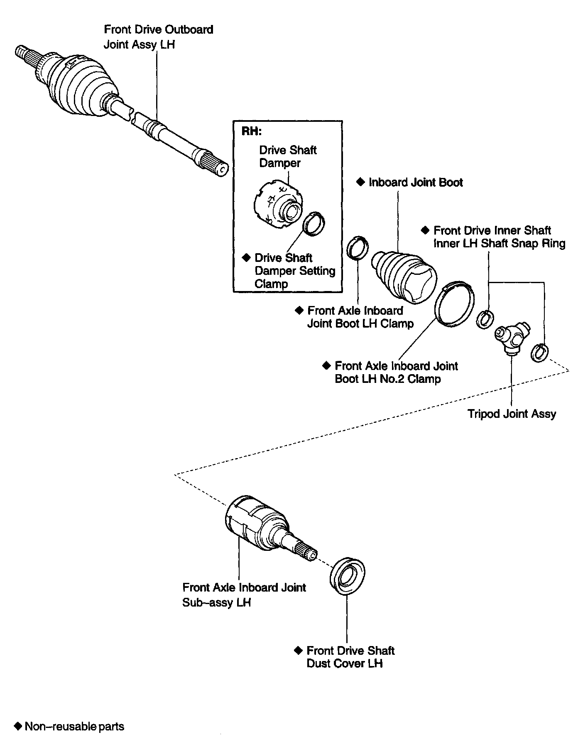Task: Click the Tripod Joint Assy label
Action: [x=512, y=414]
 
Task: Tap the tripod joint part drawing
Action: [x=512, y=336]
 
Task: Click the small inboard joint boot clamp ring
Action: [x=358, y=248]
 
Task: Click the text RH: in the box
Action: [x=252, y=131]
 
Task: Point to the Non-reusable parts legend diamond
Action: [x=17, y=726]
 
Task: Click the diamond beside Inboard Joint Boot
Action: [x=361, y=182]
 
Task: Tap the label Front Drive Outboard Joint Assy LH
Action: [x=158, y=37]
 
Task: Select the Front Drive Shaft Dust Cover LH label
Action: [x=350, y=657]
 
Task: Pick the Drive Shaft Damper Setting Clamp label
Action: [x=295, y=271]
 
